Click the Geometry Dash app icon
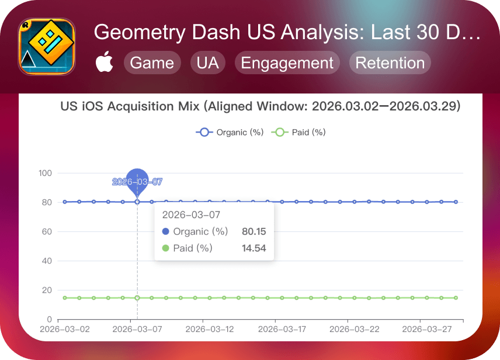(47, 47)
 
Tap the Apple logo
(105, 61)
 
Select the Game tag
(152, 63)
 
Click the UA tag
(207, 63)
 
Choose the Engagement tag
(287, 63)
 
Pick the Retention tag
(390, 63)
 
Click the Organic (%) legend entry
(230, 132)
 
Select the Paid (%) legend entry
(298, 132)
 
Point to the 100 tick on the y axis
(45, 173)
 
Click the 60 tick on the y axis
(47, 231)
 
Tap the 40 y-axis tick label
(47, 261)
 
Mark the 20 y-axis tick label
(47, 290)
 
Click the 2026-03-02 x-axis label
(65, 329)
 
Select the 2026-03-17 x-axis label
(282, 329)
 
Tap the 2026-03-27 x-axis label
(427, 329)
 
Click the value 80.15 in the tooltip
(254, 231)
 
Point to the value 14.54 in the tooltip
(254, 248)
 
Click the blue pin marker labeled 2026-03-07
(137, 182)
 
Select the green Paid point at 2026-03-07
(137, 298)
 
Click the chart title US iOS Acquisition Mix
(130, 106)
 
